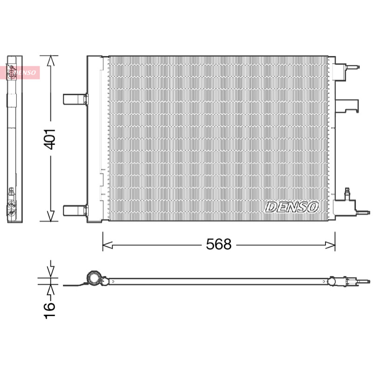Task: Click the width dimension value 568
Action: (219, 244)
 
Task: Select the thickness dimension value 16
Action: (49, 310)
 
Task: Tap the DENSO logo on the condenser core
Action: (292, 207)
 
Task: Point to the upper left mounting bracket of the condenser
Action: (76, 99)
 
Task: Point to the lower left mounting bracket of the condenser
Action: (76, 211)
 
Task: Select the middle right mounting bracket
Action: (346, 106)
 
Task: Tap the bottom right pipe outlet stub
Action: (363, 213)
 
